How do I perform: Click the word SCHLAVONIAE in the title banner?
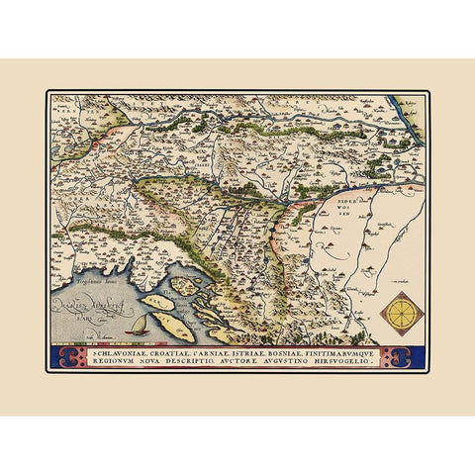coord(120,350)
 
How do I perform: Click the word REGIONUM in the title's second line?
coord(117,360)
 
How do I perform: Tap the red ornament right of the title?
coord(406,355)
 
